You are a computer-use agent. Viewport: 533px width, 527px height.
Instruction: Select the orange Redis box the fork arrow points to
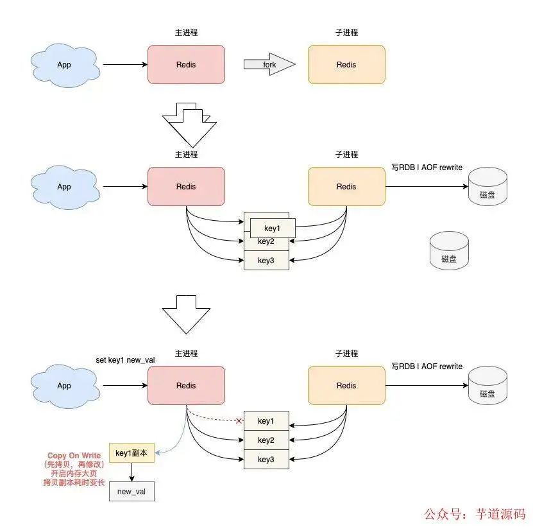click(346, 64)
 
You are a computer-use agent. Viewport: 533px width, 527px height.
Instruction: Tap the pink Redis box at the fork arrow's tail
click(186, 64)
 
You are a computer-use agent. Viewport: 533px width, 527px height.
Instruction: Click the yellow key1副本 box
click(131, 453)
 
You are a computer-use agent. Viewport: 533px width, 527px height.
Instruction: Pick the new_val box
click(131, 491)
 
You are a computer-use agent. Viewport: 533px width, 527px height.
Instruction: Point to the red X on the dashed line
click(239, 421)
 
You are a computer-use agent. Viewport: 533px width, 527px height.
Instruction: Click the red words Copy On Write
click(74, 456)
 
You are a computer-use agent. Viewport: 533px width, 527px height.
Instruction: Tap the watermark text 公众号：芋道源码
click(475, 514)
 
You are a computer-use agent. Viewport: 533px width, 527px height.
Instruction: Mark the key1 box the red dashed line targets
click(266, 421)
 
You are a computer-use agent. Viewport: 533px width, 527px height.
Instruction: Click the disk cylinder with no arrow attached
click(449, 250)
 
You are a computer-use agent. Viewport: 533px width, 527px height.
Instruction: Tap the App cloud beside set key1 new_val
click(64, 386)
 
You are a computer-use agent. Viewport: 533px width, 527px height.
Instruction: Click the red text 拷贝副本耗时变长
click(74, 483)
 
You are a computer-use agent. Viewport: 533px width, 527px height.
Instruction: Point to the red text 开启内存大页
click(74, 474)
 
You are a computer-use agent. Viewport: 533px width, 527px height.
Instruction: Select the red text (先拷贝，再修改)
click(74, 465)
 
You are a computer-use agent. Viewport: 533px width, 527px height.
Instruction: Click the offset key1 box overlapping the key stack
click(273, 227)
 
